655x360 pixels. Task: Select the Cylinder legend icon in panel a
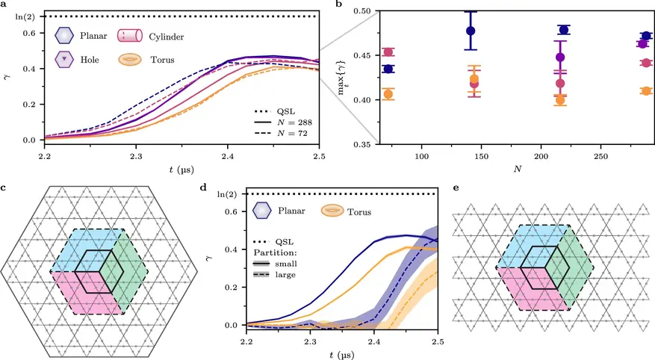point(128,35)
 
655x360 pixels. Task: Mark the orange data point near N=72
point(388,94)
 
